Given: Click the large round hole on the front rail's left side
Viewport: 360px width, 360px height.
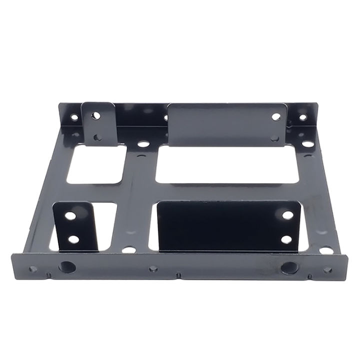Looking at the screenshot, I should (67, 267).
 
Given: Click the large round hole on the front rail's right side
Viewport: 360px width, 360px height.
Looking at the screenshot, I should (289, 268).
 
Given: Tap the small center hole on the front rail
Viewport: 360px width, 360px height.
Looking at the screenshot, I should (153, 269).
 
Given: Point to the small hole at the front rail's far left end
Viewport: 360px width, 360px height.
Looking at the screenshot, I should (33, 269).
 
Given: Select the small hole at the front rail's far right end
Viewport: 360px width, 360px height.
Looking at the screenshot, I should (327, 270).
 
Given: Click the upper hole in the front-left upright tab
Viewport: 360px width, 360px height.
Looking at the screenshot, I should (70, 216).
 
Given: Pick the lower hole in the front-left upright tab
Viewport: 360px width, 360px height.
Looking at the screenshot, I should (73, 239).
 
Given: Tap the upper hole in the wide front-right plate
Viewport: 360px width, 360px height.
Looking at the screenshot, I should (288, 215).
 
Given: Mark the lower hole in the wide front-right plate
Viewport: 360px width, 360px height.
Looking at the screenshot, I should (286, 239).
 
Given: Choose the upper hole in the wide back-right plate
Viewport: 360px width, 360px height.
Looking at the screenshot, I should (276, 116).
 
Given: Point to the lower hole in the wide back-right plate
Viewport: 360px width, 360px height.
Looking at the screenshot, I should (274, 137).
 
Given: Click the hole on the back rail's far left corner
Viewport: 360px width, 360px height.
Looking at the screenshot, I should (74, 118).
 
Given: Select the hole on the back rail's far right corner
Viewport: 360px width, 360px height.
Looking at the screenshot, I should (302, 118).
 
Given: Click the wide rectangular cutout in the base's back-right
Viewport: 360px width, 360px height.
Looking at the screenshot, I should (227, 165).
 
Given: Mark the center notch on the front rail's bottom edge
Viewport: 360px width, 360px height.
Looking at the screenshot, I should (178, 275).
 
